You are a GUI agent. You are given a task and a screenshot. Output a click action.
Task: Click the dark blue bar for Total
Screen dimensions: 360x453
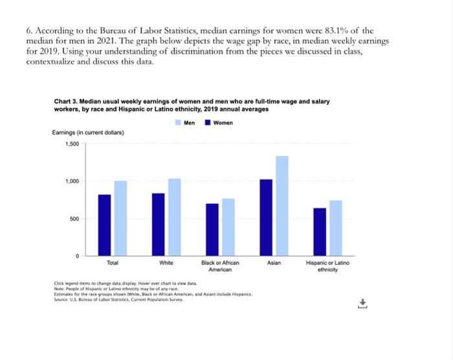pyautogui.click(x=104, y=225)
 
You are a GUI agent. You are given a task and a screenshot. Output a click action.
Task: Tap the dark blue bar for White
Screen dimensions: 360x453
pyautogui.click(x=159, y=225)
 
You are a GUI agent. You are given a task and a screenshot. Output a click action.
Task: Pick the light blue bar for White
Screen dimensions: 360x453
pyautogui.click(x=174, y=218)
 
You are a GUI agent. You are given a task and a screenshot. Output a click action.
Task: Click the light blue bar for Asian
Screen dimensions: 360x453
pyautogui.click(x=282, y=207)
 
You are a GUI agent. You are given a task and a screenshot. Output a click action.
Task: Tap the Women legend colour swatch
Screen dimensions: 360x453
pyautogui.click(x=208, y=122)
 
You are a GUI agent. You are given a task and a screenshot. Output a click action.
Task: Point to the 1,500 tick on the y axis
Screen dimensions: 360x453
pyautogui.click(x=71, y=144)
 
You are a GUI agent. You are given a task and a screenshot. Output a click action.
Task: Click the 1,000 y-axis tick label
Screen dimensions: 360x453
pyautogui.click(x=71, y=181)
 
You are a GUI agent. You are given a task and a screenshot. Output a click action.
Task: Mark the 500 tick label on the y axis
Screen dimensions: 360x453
pyautogui.click(x=74, y=219)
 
